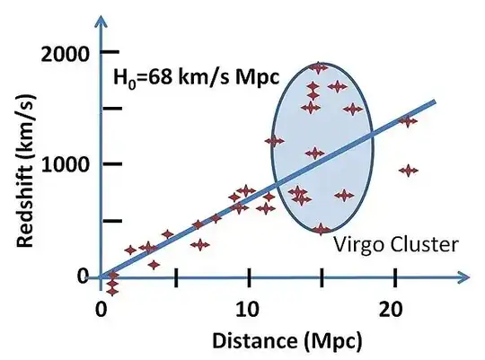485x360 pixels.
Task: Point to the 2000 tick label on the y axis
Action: pyautogui.click(x=65, y=53)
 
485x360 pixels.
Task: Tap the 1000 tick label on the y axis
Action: pyautogui.click(x=65, y=164)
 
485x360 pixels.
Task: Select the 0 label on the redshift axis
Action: pyautogui.click(x=83, y=276)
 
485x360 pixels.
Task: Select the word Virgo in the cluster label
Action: pyautogui.click(x=355, y=244)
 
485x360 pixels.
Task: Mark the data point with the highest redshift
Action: pyautogui.click(x=319, y=67)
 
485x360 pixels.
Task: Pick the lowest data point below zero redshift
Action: pyautogui.click(x=112, y=290)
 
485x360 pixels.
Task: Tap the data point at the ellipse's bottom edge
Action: pyautogui.click(x=322, y=230)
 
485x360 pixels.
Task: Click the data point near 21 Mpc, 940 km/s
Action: pyautogui.click(x=410, y=170)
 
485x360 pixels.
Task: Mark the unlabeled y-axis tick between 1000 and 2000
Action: pyautogui.click(x=111, y=109)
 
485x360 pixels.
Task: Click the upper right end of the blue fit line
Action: pyautogui.click(x=435, y=101)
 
